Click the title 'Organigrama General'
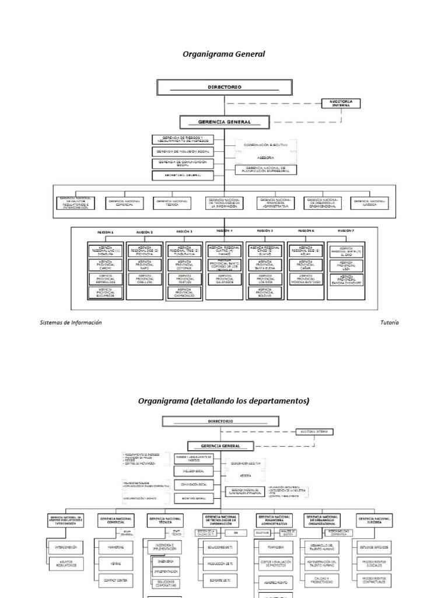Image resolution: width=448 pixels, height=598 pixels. click(224, 54)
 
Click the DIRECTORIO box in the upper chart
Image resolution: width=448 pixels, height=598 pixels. click(225, 87)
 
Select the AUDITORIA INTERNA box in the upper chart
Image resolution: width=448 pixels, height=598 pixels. click(341, 103)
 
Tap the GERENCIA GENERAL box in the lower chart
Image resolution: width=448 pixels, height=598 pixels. click(221, 446)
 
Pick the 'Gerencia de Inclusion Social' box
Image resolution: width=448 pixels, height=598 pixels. click(183, 151)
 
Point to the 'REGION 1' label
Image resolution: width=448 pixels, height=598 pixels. click(105, 232)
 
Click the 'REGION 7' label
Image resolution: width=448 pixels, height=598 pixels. click(346, 231)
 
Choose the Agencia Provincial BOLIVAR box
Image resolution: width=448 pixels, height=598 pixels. click(265, 292)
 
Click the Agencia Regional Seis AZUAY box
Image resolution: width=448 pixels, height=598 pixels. click(306, 251)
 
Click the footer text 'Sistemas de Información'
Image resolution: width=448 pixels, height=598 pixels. click(71, 322)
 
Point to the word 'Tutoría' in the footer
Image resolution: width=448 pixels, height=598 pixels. click(389, 322)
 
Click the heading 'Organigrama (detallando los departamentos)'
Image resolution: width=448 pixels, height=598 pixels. click(223, 401)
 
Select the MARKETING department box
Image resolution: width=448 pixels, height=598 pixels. click(112, 548)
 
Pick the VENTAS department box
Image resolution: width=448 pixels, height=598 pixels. click(112, 564)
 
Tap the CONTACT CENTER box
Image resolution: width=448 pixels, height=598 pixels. click(112, 580)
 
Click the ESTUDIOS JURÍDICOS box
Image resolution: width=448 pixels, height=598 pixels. click(374, 548)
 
